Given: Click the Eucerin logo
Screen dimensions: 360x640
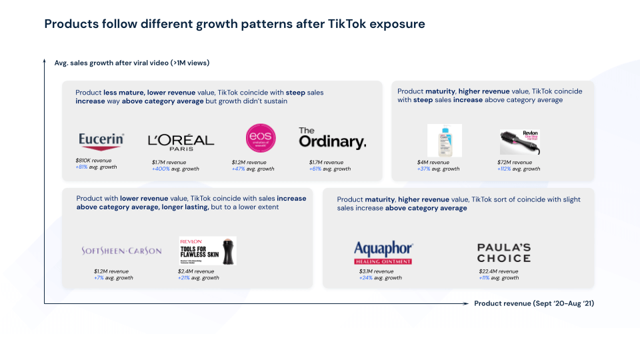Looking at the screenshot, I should (x=101, y=139).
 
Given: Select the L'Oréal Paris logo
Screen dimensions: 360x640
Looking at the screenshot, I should (x=181, y=141).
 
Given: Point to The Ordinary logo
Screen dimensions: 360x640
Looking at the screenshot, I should (x=332, y=138).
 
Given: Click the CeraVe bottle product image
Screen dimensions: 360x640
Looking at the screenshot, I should (x=444, y=140).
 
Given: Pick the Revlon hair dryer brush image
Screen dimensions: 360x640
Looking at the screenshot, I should (x=520, y=142).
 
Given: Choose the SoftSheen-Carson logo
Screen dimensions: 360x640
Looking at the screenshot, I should (x=121, y=251).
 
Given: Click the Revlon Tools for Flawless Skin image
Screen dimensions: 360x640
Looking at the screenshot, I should (x=207, y=251).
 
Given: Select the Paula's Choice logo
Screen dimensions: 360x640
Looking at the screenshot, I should (x=503, y=253).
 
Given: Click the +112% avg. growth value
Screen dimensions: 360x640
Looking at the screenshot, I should (x=506, y=169).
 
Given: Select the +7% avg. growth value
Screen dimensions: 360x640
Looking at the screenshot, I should (x=99, y=278).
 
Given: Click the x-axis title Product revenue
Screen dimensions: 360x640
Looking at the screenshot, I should (x=533, y=303).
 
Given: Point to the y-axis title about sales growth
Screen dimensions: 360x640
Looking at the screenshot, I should (x=131, y=63).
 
